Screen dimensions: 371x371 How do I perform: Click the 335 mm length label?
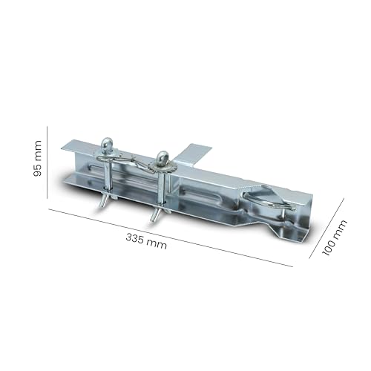(x=146, y=240)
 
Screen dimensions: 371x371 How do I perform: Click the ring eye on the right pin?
(x=162, y=157)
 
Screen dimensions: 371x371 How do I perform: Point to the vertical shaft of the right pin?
(x=161, y=189)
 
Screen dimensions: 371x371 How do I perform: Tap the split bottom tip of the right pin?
(x=156, y=214)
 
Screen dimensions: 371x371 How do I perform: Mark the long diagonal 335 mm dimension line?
(x=171, y=236)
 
